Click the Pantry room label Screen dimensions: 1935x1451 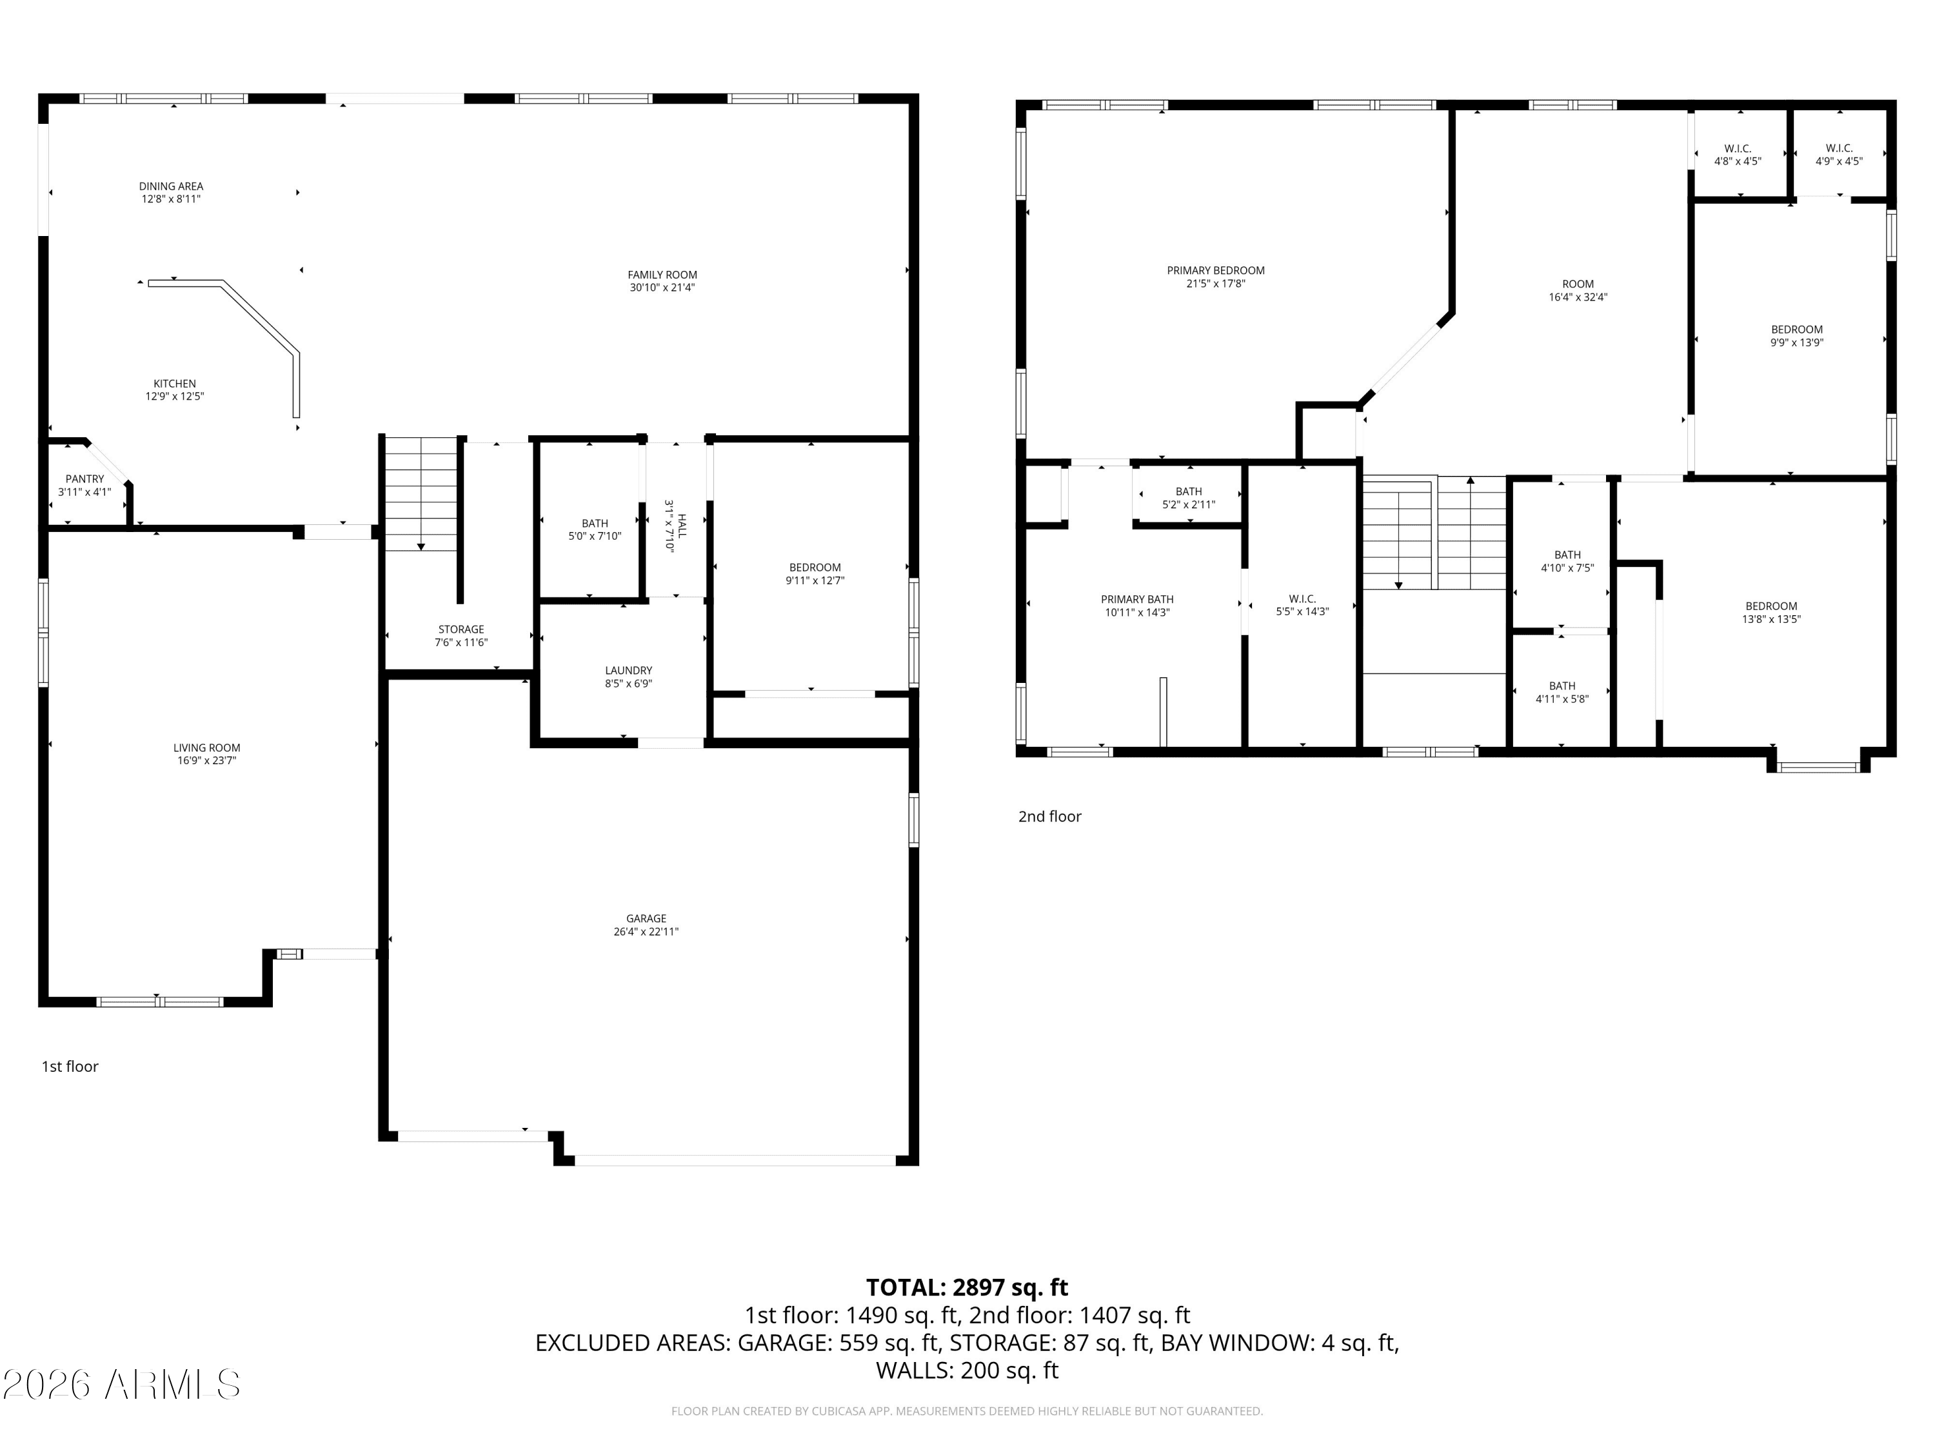tap(85, 479)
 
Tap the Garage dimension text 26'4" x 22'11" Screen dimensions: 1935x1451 tap(646, 931)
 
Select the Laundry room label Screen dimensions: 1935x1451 tap(628, 671)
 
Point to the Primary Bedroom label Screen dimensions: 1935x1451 tap(1215, 271)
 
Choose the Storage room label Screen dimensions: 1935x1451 tap(461, 629)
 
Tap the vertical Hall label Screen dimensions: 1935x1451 tap(682, 526)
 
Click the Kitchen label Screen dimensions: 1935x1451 tap(175, 384)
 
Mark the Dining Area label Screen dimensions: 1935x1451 tap(172, 186)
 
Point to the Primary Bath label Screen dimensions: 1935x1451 tap(1137, 600)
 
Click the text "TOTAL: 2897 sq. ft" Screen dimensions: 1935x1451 tap(967, 1287)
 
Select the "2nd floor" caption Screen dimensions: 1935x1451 tap(1049, 816)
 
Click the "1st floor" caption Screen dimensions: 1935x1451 tap(70, 1066)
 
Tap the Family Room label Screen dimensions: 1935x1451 tap(662, 275)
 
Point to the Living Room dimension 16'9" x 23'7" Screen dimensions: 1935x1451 tap(206, 761)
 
